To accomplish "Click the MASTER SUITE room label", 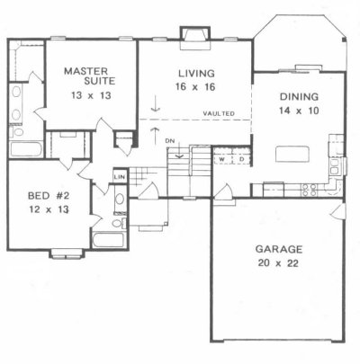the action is (90, 76).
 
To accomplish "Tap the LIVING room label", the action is (196, 74).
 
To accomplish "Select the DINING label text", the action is (299, 97).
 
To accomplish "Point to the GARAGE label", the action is (279, 249).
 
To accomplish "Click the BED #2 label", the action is (49, 196).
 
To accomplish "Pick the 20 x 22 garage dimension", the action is (278, 263).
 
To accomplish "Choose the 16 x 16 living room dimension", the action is (195, 87).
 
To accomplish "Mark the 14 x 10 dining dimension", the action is (299, 111).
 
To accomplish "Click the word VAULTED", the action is (219, 113).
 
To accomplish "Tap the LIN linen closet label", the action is (120, 177).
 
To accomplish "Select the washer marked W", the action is (222, 159).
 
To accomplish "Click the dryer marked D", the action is (241, 159).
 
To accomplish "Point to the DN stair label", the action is (170, 141).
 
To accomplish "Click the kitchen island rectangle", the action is (292, 154).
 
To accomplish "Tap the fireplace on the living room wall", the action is (195, 37).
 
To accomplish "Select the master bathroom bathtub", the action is (26, 149).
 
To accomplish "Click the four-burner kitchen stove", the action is (309, 190).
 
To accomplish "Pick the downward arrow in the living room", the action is (155, 103).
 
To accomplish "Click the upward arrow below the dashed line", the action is (155, 135).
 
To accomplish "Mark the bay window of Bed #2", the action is (66, 253).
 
